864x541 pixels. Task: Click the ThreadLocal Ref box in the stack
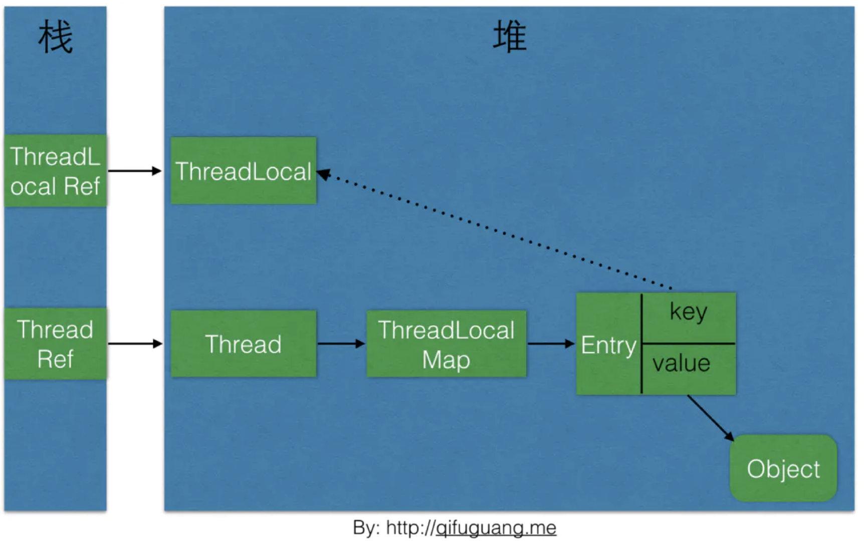[55, 171]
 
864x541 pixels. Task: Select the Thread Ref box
[55, 344]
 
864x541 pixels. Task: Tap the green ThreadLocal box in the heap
[244, 171]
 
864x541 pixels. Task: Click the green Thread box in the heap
[244, 344]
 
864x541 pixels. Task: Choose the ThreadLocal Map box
[446, 344]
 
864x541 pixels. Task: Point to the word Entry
[608, 345]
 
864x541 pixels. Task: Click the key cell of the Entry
[689, 313]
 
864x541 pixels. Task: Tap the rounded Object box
[783, 468]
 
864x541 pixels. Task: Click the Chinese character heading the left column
[55, 37]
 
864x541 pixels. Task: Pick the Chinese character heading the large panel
[509, 37]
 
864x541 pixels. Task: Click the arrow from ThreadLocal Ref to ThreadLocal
[134, 171]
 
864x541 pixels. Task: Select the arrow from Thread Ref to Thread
[134, 344]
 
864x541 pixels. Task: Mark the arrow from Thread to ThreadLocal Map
[341, 344]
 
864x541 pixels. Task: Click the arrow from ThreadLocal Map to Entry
[550, 344]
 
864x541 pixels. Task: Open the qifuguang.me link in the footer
[496, 527]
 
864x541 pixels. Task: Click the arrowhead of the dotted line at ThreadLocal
[323, 174]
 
